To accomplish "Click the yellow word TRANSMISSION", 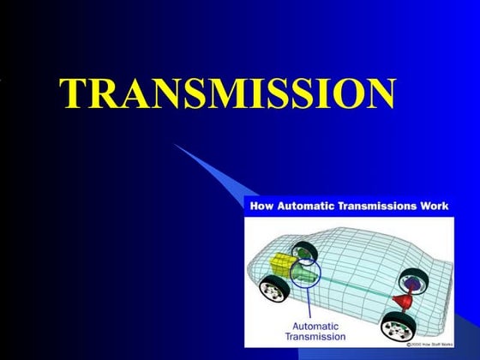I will coord(228,93).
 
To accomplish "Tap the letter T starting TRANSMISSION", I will coord(74,93).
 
